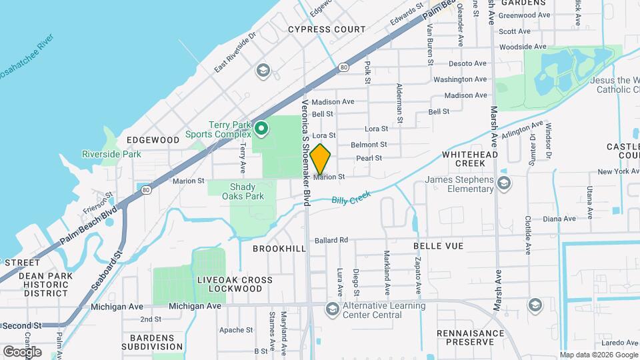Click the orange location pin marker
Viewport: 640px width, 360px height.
(321, 159)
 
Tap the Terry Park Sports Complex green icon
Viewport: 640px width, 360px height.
(262, 127)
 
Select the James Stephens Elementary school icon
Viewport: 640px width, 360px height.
(505, 183)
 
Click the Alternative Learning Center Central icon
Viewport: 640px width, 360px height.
(332, 307)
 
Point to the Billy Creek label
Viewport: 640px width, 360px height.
(351, 199)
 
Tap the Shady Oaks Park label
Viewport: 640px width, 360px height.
(247, 191)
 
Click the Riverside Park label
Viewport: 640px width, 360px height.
(111, 154)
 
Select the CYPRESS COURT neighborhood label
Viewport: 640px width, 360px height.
(327, 29)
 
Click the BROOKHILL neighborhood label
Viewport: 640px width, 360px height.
(279, 247)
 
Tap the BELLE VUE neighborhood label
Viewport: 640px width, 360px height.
(438, 246)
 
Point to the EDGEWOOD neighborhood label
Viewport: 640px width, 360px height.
(153, 140)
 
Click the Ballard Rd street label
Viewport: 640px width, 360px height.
(331, 240)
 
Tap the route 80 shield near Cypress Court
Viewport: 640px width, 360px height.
(343, 67)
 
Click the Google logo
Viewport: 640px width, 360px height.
(22, 351)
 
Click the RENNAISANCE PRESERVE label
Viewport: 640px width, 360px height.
(471, 337)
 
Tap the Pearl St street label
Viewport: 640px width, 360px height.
(369, 158)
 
